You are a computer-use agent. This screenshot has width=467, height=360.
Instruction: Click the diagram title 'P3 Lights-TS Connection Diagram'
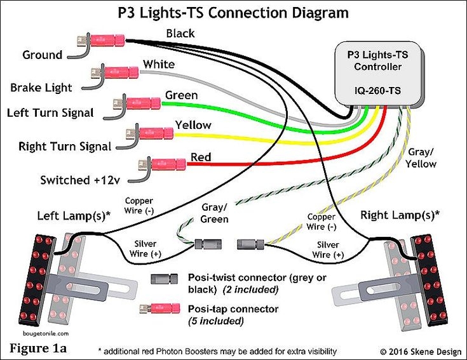pyautogui.click(x=233, y=12)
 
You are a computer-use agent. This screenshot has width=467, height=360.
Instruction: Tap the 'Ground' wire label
pyautogui.click(x=43, y=55)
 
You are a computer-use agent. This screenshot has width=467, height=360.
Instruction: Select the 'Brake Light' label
pyautogui.click(x=41, y=87)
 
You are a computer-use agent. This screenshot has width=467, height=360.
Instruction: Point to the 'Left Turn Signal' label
pyautogui.click(x=50, y=113)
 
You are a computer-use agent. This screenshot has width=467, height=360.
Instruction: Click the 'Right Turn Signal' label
pyautogui.click(x=65, y=147)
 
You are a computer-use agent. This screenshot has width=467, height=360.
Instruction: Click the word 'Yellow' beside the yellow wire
pyautogui.click(x=193, y=125)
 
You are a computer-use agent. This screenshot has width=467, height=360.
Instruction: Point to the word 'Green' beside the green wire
pyautogui.click(x=181, y=95)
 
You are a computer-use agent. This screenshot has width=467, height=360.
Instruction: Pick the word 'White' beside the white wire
pyautogui.click(x=158, y=64)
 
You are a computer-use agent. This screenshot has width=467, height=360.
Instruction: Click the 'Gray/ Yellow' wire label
pyautogui.click(x=421, y=158)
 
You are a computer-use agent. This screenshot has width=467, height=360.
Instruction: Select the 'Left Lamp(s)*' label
pyautogui.click(x=74, y=215)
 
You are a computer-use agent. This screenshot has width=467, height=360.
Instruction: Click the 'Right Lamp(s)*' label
pyautogui.click(x=400, y=215)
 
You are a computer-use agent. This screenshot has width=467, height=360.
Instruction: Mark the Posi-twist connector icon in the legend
pyautogui.click(x=165, y=279)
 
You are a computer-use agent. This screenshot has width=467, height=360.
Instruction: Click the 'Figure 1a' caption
pyautogui.click(x=38, y=348)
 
